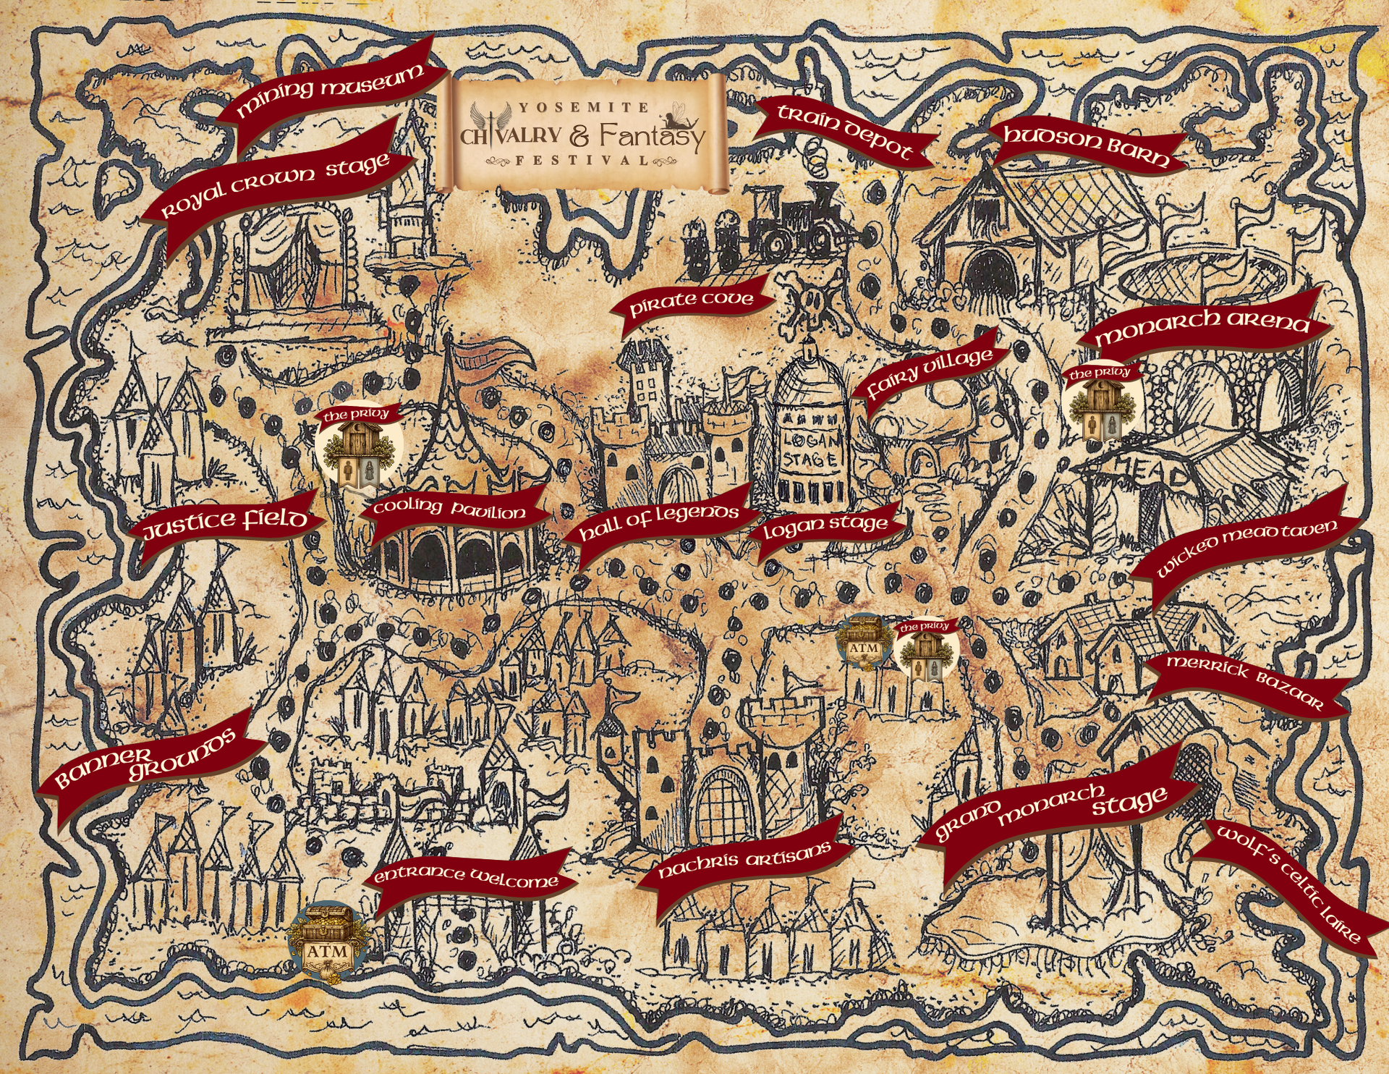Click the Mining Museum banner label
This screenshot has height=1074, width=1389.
pos(331,90)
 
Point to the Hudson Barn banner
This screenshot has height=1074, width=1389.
pos(1086,145)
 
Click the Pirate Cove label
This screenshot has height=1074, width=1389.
pos(691,302)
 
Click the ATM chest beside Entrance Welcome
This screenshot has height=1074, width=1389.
pos(329,942)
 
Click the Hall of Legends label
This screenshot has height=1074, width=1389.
pos(659,522)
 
